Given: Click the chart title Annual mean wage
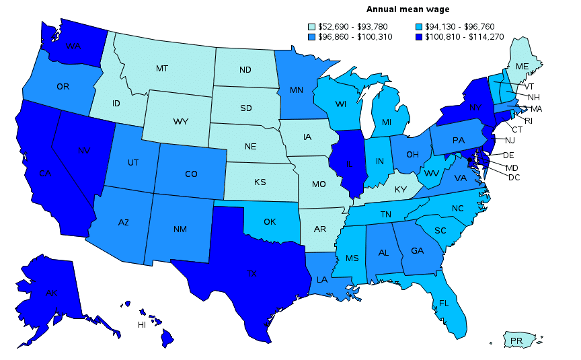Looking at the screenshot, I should [408, 9].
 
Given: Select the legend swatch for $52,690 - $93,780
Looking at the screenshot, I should [312, 27].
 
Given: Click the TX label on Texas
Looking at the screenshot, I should [251, 274].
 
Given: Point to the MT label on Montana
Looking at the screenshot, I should [161, 69].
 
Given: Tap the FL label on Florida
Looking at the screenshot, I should [443, 303].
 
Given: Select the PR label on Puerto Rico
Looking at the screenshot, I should [516, 341].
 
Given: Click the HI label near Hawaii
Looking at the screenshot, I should [142, 325].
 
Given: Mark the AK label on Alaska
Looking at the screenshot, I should [50, 293].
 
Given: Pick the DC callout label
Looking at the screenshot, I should [514, 178].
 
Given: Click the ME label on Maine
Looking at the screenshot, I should [522, 67].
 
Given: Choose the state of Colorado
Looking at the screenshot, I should [191, 174].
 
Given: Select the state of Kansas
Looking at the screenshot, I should [260, 182].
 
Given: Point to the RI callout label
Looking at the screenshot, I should [529, 120].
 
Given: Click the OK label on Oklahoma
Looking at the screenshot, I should [270, 222].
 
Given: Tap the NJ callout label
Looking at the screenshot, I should [510, 140].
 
